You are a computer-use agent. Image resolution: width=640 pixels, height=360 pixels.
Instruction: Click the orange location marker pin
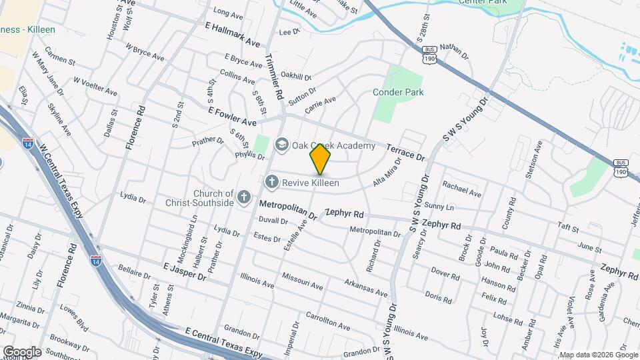[x=321, y=159]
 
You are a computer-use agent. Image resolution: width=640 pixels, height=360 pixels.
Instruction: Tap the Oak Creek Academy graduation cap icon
[x=282, y=144]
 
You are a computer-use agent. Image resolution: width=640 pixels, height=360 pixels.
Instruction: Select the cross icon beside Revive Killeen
[x=271, y=181]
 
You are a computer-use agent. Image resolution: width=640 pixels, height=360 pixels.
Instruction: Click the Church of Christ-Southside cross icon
[x=244, y=197]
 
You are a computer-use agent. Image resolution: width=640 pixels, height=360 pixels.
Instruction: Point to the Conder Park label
[x=398, y=92]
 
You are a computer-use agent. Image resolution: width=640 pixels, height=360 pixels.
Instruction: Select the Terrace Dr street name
[x=405, y=151]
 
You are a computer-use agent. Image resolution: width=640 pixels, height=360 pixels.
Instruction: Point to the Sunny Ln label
[x=438, y=207]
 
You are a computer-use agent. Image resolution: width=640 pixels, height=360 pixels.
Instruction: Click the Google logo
[x=21, y=351]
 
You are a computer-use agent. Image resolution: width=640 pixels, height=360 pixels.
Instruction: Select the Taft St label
[x=569, y=228]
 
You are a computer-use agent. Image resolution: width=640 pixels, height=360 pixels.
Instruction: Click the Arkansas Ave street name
[x=365, y=288]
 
